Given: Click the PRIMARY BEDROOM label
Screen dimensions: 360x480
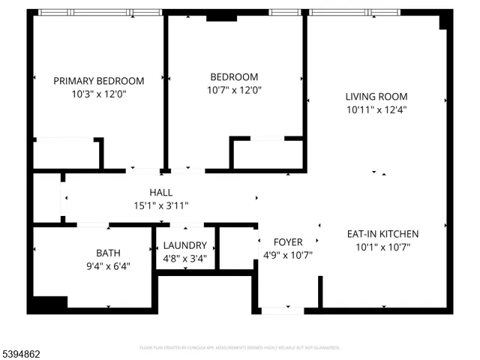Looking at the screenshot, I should tap(98, 81).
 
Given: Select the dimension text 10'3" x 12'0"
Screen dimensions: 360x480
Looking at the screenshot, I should tap(98, 94).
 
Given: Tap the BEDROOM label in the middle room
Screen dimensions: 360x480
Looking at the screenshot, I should tap(234, 76).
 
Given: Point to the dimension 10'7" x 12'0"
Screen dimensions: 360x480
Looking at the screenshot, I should tap(234, 90).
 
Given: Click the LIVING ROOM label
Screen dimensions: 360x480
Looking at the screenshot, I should tap(376, 96).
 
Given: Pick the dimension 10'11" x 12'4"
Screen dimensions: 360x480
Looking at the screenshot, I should tap(376, 109).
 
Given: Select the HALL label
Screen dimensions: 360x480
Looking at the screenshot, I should tap(161, 192).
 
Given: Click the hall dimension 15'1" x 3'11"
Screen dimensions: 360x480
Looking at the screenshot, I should tap(161, 205).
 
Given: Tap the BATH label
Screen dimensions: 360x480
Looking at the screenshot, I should tap(108, 253).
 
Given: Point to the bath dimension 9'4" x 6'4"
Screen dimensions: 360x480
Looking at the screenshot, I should tap(108, 265).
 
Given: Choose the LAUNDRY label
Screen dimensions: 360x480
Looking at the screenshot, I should tap(184, 245).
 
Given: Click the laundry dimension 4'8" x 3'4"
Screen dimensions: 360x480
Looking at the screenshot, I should tap(184, 259).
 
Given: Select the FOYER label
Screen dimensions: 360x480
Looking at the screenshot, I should tap(288, 241).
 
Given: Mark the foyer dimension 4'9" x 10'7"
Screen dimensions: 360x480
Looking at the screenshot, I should tap(288, 255).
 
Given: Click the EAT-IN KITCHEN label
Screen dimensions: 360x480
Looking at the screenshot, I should tap(382, 234).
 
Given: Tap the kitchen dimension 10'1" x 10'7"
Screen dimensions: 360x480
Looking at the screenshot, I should tap(382, 247).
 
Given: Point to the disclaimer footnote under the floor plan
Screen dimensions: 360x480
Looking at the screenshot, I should tap(240, 348).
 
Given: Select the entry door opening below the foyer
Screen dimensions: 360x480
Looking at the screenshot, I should tap(282, 310).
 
